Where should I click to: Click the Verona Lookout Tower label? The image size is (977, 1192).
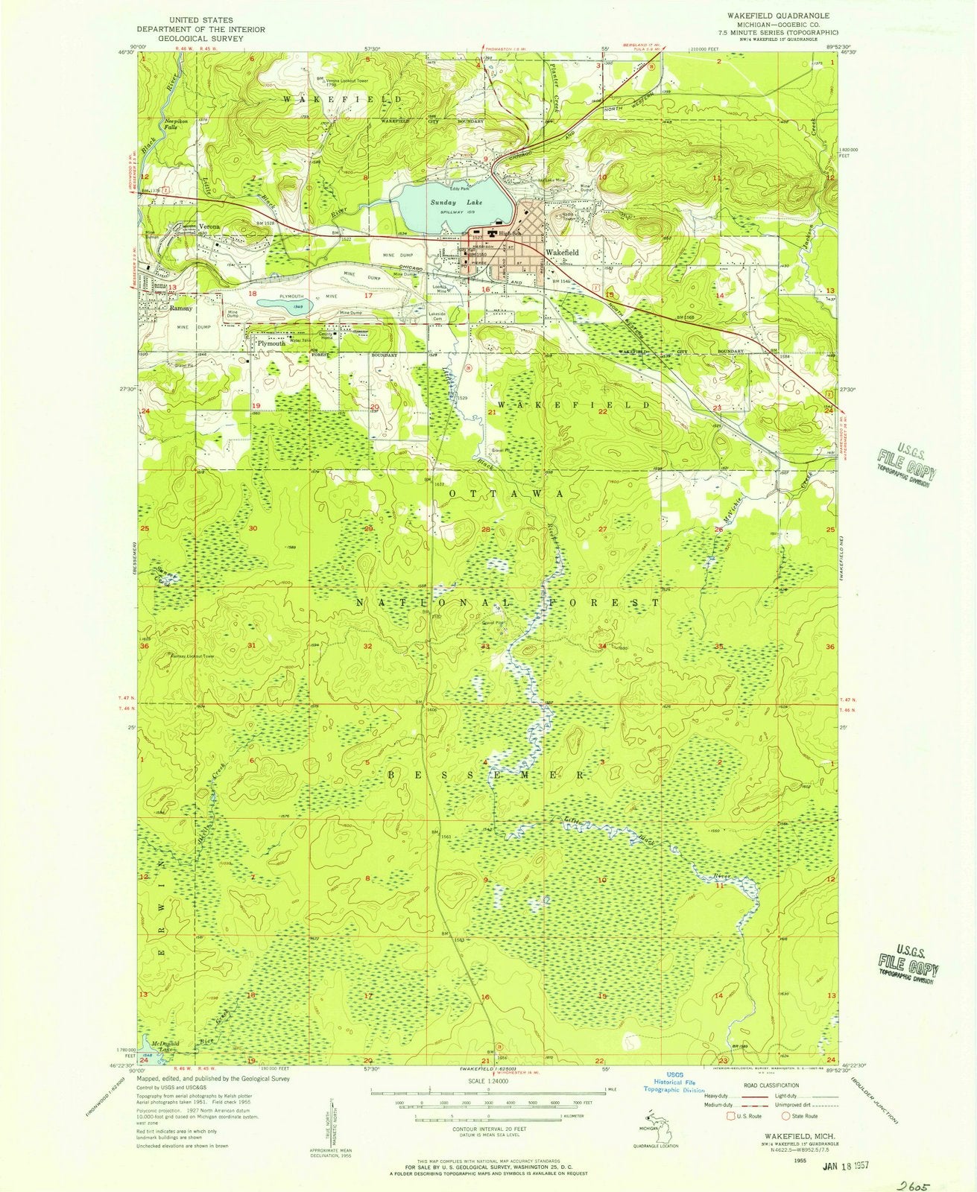(x=348, y=79)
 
